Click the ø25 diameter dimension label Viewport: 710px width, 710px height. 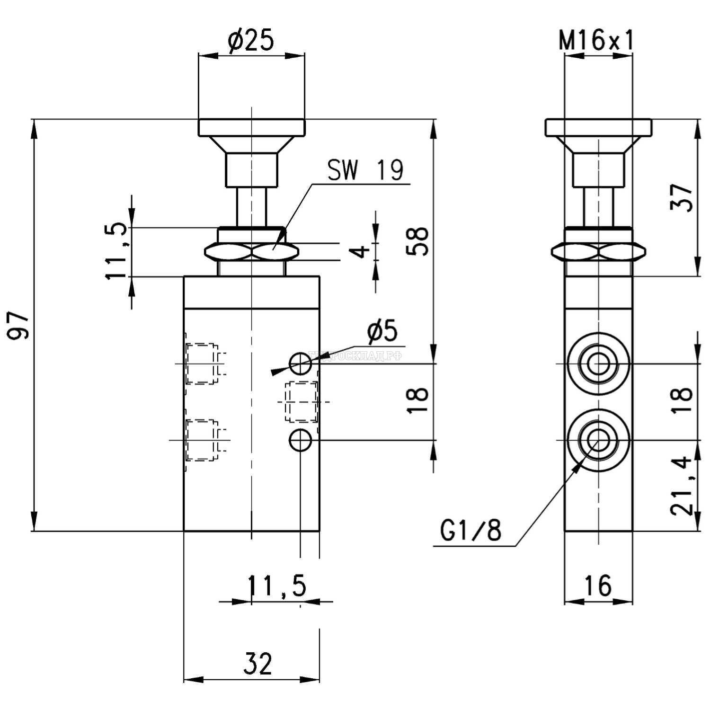point(251,42)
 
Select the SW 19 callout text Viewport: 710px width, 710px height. point(365,171)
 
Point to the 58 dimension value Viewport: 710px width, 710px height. point(418,241)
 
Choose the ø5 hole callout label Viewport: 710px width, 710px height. point(382,331)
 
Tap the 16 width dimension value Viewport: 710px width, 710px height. point(598,586)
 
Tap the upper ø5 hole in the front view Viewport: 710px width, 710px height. point(301,364)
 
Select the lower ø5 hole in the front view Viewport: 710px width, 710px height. point(301,440)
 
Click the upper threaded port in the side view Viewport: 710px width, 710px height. point(598,364)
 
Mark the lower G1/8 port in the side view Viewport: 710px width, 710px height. point(598,440)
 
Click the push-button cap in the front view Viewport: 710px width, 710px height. point(251,127)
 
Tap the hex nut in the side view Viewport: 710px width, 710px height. point(598,251)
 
